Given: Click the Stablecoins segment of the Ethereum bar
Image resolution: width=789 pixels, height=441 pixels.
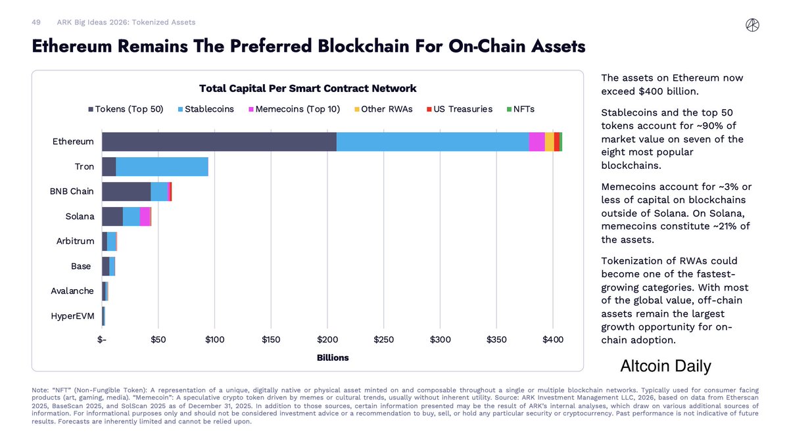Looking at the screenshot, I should pyautogui.click(x=433, y=142).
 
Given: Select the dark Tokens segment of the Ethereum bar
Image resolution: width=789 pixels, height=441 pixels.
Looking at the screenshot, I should pyautogui.click(x=219, y=142).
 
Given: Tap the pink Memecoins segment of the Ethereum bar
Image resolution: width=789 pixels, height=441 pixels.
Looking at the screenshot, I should pyautogui.click(x=537, y=142).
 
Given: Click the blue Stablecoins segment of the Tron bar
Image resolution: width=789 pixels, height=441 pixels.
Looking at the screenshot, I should pyautogui.click(x=162, y=167).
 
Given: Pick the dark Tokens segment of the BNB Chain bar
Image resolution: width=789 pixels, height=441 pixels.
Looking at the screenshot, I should pyautogui.click(x=126, y=192).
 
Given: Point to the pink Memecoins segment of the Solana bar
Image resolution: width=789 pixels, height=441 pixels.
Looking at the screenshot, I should pyautogui.click(x=145, y=217).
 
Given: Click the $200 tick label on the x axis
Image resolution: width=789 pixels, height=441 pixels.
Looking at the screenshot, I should pyautogui.click(x=327, y=340).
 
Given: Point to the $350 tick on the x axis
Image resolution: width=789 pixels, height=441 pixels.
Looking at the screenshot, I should pyautogui.click(x=496, y=340).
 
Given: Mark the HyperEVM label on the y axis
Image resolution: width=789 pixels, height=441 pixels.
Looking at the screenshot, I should pyautogui.click(x=72, y=316).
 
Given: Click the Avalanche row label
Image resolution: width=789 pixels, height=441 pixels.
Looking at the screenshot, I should pyautogui.click(x=72, y=291).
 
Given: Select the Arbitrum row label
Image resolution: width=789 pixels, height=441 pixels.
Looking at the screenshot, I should pyautogui.click(x=75, y=241).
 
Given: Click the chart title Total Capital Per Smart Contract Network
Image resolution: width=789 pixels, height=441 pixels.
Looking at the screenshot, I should pyautogui.click(x=308, y=89).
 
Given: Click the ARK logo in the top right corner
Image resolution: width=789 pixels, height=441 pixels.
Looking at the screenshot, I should pyautogui.click(x=753, y=24).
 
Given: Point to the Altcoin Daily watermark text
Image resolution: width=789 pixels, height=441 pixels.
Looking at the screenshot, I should pyautogui.click(x=665, y=366).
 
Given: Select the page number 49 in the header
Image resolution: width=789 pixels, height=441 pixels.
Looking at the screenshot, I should pyautogui.click(x=36, y=22).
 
